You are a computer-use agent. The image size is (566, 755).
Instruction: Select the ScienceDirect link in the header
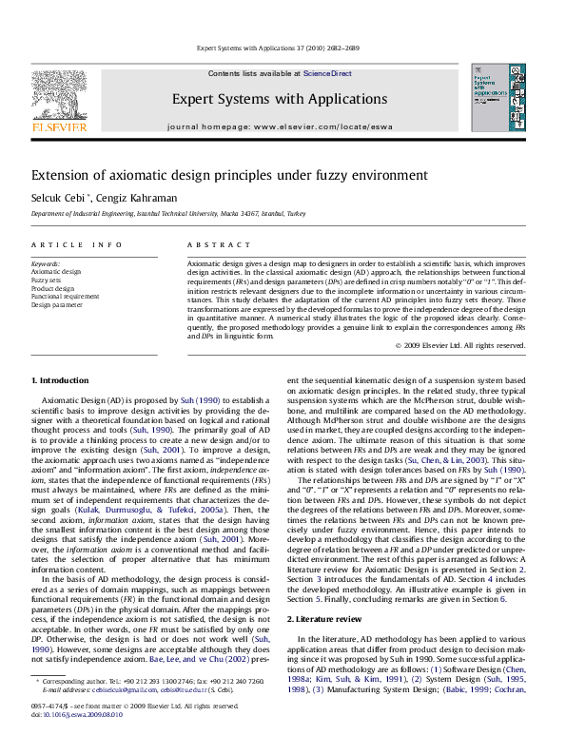[327, 73]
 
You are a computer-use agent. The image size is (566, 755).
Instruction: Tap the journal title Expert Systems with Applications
[279, 99]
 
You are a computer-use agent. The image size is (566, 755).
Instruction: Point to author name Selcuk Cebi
[60, 197]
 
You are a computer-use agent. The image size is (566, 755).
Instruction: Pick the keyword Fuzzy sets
[47, 281]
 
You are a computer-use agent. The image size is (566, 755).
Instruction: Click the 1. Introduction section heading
[60, 380]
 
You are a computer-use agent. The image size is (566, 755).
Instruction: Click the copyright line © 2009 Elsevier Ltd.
[474, 345]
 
